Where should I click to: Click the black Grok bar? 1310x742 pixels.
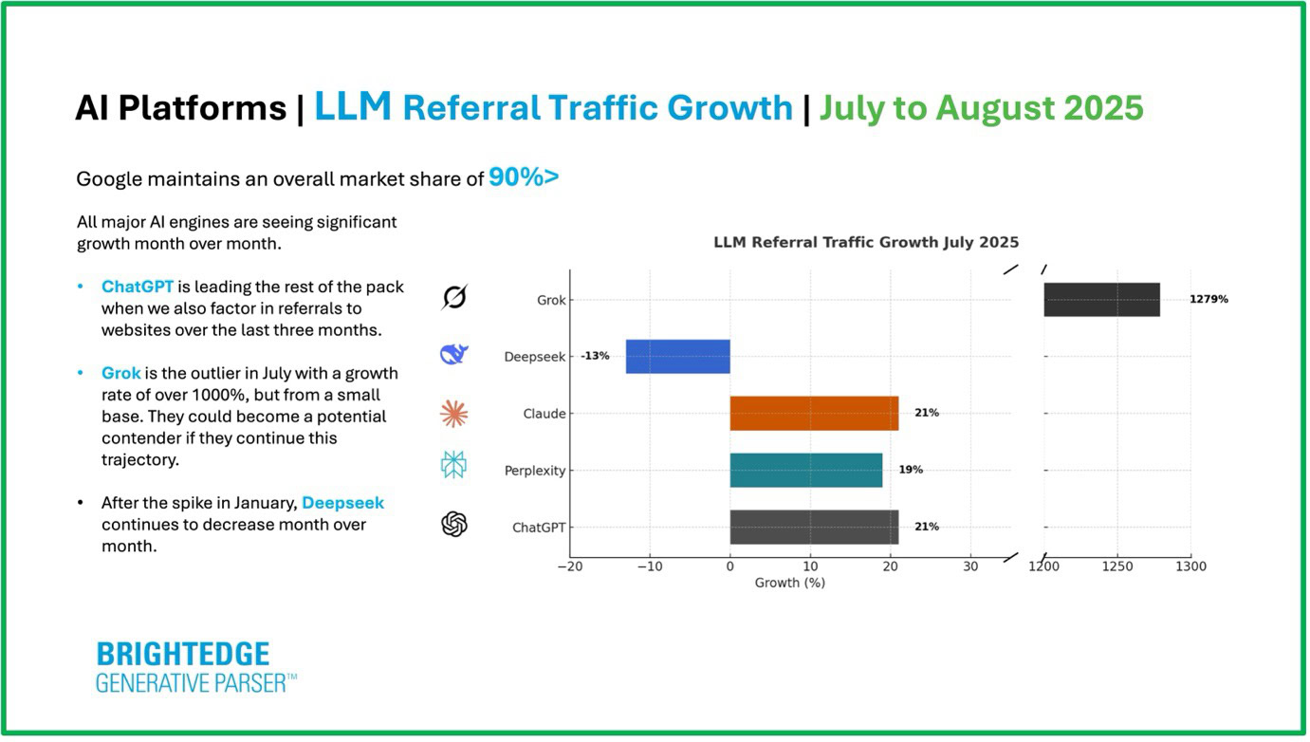point(1101,300)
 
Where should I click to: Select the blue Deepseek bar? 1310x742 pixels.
point(677,357)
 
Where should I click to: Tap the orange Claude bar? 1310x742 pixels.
point(814,414)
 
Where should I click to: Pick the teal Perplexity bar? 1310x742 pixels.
point(805,471)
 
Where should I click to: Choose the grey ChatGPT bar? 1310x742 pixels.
point(814,527)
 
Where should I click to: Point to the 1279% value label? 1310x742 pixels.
point(1209,300)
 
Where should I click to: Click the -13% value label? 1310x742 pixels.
point(595,357)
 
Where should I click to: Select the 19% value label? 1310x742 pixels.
point(911,470)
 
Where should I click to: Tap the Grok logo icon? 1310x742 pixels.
point(454,298)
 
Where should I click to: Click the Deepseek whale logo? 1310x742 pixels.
point(454,355)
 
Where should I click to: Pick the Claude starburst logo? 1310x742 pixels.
point(454,413)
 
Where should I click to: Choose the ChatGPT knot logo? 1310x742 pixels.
point(454,524)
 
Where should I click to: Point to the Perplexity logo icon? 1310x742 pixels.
point(454,465)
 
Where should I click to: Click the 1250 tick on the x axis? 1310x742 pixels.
point(1117,566)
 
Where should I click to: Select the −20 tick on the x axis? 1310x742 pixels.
point(570,566)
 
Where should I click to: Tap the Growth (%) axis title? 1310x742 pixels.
point(789,583)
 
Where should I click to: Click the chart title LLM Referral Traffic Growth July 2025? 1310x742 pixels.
point(865,243)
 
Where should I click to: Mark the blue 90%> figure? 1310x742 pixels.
point(524,177)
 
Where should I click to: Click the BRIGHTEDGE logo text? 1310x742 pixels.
point(183,655)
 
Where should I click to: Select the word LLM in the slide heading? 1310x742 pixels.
point(353,107)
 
